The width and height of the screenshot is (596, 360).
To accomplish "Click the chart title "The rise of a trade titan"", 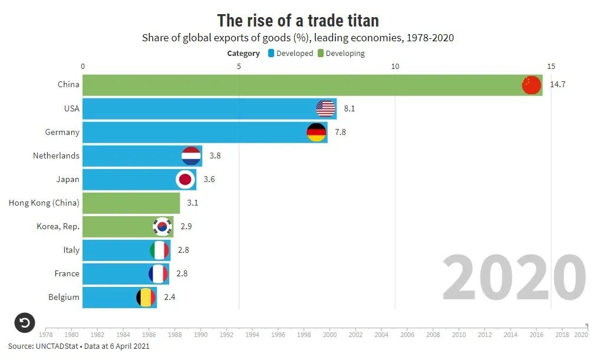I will (x=298, y=21).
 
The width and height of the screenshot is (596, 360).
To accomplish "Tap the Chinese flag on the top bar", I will (x=531, y=85).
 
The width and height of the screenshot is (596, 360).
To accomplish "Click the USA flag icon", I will (x=325, y=108).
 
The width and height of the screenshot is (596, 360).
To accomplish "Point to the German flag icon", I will (x=317, y=132).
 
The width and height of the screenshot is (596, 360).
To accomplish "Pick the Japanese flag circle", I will (x=186, y=179).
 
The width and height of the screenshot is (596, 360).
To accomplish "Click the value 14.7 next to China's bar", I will (x=558, y=85).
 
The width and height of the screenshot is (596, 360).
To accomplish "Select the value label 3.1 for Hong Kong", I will (x=193, y=203).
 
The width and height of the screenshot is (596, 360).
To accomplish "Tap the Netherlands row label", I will (x=56, y=156).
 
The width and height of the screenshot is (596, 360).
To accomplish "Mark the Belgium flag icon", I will (x=146, y=297).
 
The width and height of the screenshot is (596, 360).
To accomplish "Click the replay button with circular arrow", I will (x=25, y=322).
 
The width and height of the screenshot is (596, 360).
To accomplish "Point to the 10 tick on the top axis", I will (x=395, y=66).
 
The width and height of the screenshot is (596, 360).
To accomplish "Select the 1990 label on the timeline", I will (x=200, y=335).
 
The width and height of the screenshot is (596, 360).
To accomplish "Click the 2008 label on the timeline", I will (x=433, y=335).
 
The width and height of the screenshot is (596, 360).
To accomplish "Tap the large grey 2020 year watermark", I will (x=514, y=278).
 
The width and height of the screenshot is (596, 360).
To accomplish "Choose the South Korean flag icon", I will (x=162, y=226).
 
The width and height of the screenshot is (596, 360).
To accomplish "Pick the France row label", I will (x=67, y=273).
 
